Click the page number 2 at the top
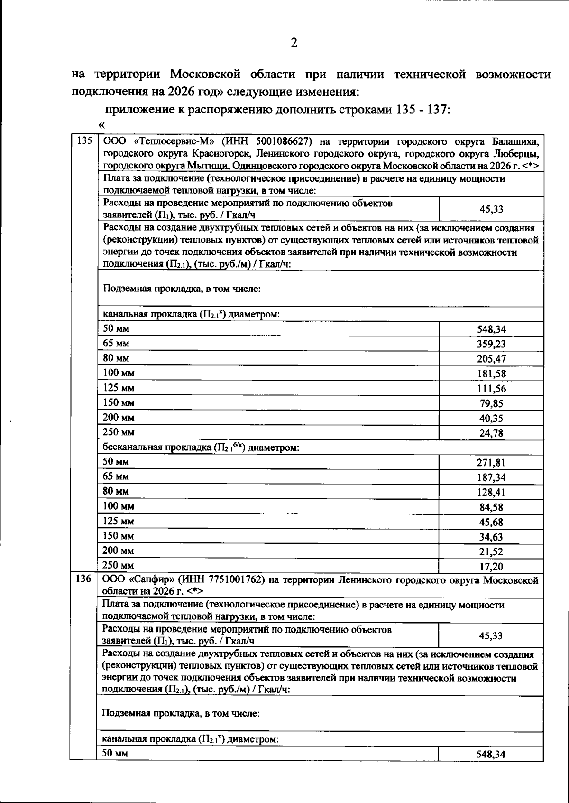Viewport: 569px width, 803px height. [294, 43]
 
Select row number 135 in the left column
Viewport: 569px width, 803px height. [83, 141]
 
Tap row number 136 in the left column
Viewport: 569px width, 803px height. [83, 579]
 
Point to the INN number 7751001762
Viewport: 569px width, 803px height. [234, 579]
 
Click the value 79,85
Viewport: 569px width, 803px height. [491, 404]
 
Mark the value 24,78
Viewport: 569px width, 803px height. [491, 433]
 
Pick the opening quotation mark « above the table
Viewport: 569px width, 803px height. [101, 125]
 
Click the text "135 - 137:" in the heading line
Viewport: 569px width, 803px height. [422, 110]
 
